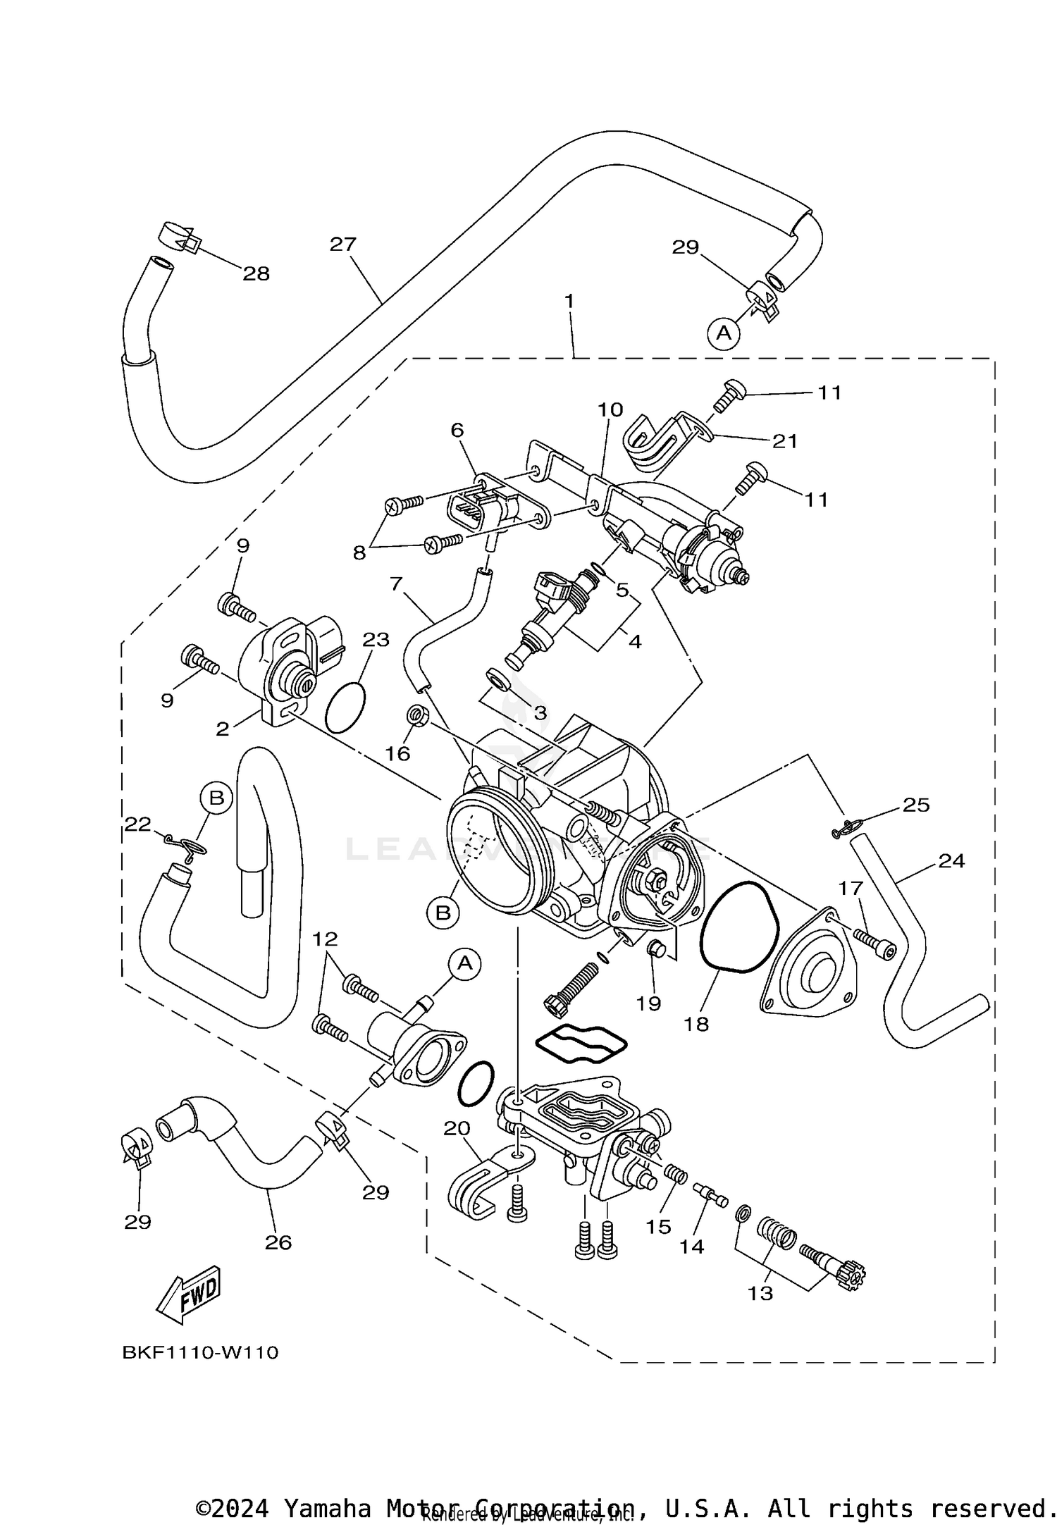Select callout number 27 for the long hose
click(x=343, y=245)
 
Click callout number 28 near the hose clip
click(x=256, y=274)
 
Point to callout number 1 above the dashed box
click(x=569, y=301)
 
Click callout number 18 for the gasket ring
click(x=696, y=1023)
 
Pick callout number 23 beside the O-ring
click(x=376, y=640)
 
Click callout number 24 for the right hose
click(x=951, y=861)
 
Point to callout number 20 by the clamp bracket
click(x=456, y=1129)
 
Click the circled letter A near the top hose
click(x=724, y=331)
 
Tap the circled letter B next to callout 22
click(x=216, y=798)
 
